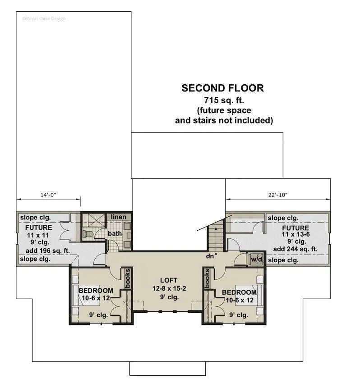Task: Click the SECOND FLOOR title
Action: [222, 88]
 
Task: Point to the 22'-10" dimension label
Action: [277, 195]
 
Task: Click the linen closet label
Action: [119, 217]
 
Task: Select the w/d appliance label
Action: [257, 260]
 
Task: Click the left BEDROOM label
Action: [96, 291]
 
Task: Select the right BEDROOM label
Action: [239, 292]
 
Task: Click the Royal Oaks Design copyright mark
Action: [43, 18]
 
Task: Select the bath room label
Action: [115, 233]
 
